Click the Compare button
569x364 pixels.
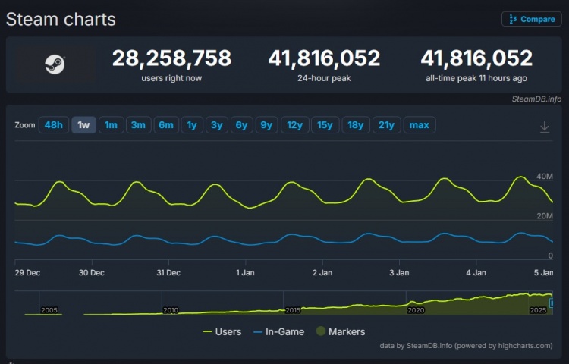tap(531, 19)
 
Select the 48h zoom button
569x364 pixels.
tap(54, 125)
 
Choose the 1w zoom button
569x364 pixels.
tap(83, 125)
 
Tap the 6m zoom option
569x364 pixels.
tap(165, 125)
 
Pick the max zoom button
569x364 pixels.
tap(419, 125)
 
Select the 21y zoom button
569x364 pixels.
tap(386, 125)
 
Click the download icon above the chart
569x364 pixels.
tap(544, 127)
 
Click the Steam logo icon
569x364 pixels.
tap(55, 64)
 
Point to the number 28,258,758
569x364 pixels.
tap(171, 58)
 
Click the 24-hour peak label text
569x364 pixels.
tap(324, 78)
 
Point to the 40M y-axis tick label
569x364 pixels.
tap(545, 177)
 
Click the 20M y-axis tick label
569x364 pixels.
tap(545, 216)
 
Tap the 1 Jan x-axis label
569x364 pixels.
tap(246, 272)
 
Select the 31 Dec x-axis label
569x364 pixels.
tap(168, 272)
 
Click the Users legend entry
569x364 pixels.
tap(222, 331)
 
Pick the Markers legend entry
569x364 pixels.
tap(341, 331)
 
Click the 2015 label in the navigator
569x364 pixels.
tap(293, 310)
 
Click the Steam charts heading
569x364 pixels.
tap(61, 20)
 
